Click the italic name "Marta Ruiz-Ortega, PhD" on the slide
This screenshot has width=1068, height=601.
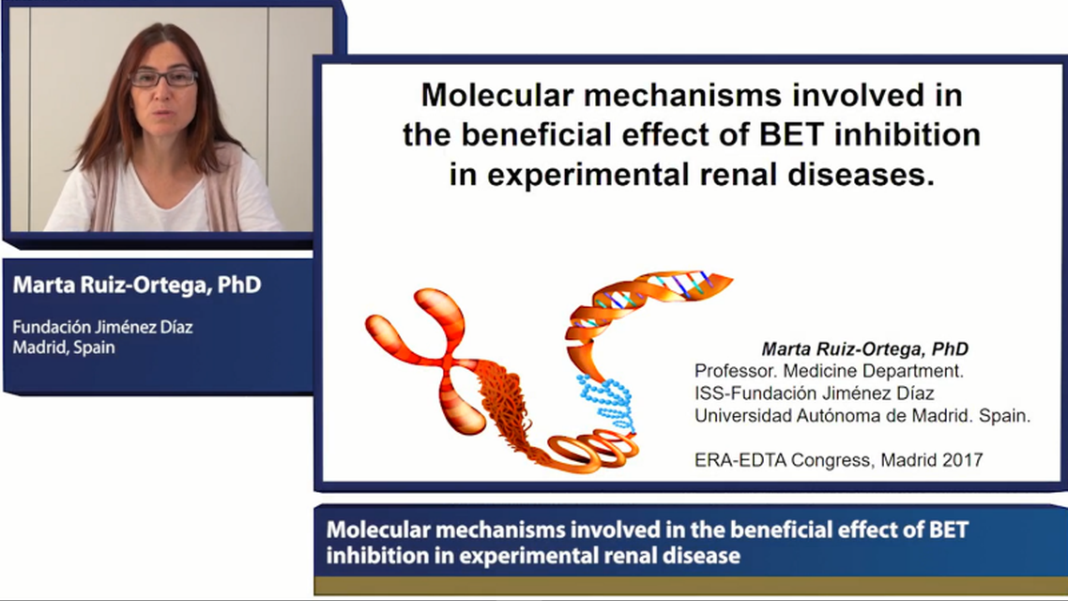[864, 349]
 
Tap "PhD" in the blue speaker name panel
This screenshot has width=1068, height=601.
[239, 285]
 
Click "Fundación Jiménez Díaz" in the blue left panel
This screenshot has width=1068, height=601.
[102, 328]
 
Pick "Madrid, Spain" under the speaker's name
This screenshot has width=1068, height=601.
[63, 347]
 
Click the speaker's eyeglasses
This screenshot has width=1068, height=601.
[163, 78]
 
